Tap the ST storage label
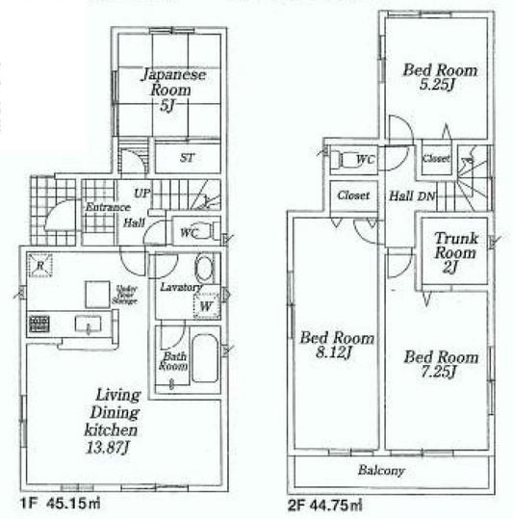187,158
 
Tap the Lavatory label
181,287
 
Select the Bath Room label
173,362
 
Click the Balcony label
382,471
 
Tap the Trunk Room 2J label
453,253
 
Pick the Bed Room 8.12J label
329,345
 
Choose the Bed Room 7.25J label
430,364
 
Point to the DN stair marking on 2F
427,195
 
